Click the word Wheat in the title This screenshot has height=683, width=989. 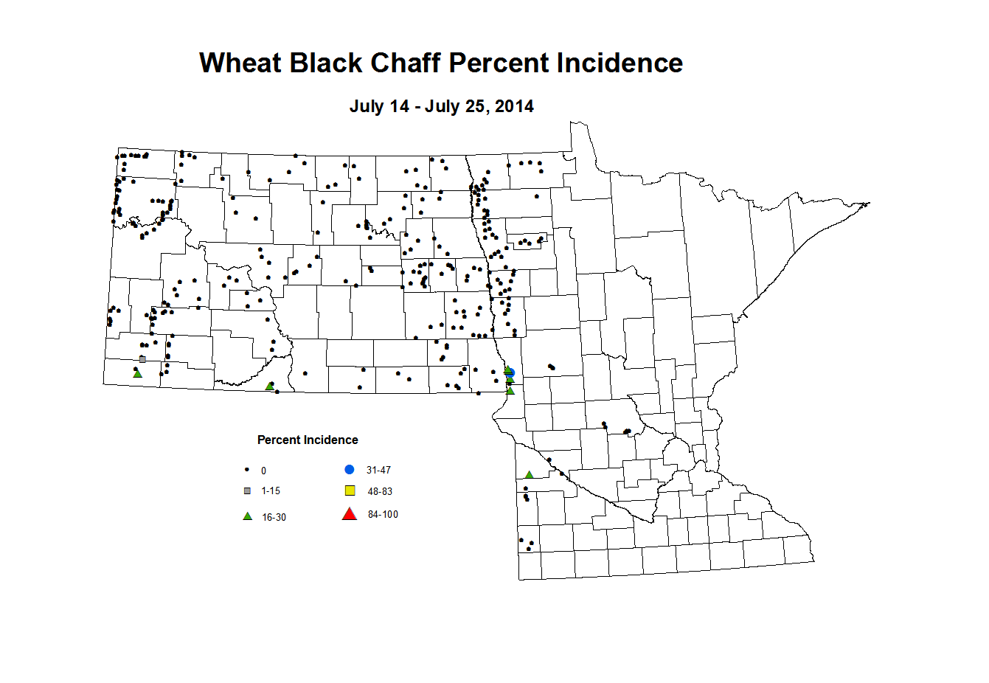240,63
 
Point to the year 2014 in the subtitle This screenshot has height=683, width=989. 514,106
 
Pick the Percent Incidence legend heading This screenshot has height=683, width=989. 308,440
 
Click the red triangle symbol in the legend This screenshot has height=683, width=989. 350,514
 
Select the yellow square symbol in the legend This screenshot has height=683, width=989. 350,491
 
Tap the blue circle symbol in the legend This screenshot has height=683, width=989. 350,470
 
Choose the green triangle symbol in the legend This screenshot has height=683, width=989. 248,516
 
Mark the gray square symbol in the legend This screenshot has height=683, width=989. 248,491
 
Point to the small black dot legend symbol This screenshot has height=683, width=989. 247,470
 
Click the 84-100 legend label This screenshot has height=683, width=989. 383,515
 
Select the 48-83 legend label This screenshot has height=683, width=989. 380,492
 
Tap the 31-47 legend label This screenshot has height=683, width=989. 378,471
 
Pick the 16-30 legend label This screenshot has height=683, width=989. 274,518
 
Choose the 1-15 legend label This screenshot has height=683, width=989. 271,491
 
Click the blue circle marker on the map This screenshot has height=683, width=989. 510,374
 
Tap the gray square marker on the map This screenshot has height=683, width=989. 142,359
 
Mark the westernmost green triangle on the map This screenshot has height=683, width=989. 137,374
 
